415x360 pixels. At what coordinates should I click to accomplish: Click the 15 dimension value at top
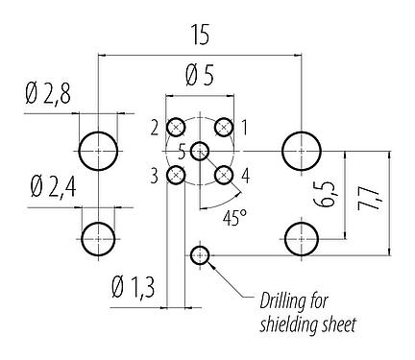(200, 36)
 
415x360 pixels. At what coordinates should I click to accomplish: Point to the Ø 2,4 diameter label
(44, 184)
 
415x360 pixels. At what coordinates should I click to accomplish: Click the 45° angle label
(234, 217)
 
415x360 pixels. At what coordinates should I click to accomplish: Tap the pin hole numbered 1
(224, 127)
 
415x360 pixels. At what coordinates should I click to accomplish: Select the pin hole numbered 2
(177, 127)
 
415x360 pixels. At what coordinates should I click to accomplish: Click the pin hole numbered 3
(177, 175)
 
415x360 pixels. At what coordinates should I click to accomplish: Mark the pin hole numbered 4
(224, 175)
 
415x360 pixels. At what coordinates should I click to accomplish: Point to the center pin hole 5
(200, 151)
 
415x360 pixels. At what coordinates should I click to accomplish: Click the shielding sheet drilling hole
(200, 254)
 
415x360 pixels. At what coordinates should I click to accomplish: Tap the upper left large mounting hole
(98, 151)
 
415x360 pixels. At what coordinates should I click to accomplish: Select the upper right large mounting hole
(302, 151)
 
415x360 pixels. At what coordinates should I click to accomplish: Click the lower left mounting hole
(98, 235)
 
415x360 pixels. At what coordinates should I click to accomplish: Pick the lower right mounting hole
(302, 235)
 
